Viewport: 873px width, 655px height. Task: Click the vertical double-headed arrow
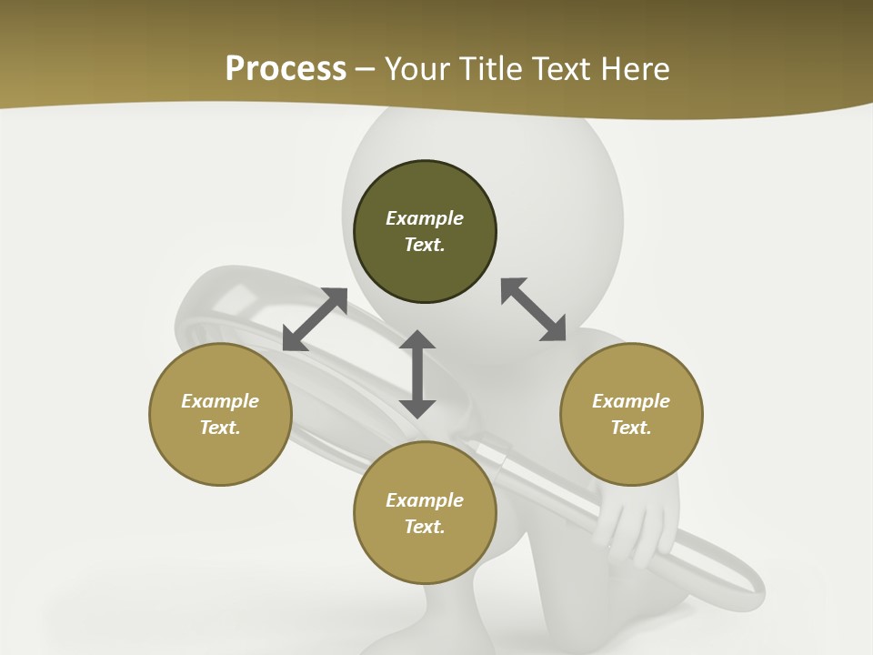(x=417, y=374)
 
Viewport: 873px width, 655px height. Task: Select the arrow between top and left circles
(x=315, y=319)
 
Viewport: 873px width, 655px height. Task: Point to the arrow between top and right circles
(x=533, y=309)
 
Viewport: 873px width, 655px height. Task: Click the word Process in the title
(x=286, y=68)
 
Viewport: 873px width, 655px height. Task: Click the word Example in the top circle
(x=425, y=218)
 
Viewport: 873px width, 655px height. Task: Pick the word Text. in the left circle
(x=220, y=428)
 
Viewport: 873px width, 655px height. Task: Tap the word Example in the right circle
(x=631, y=401)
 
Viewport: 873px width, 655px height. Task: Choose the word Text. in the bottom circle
(x=425, y=527)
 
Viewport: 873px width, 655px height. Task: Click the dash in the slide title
(x=365, y=68)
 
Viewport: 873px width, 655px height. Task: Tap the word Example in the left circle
(x=220, y=401)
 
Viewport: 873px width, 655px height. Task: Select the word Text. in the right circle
(x=631, y=428)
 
